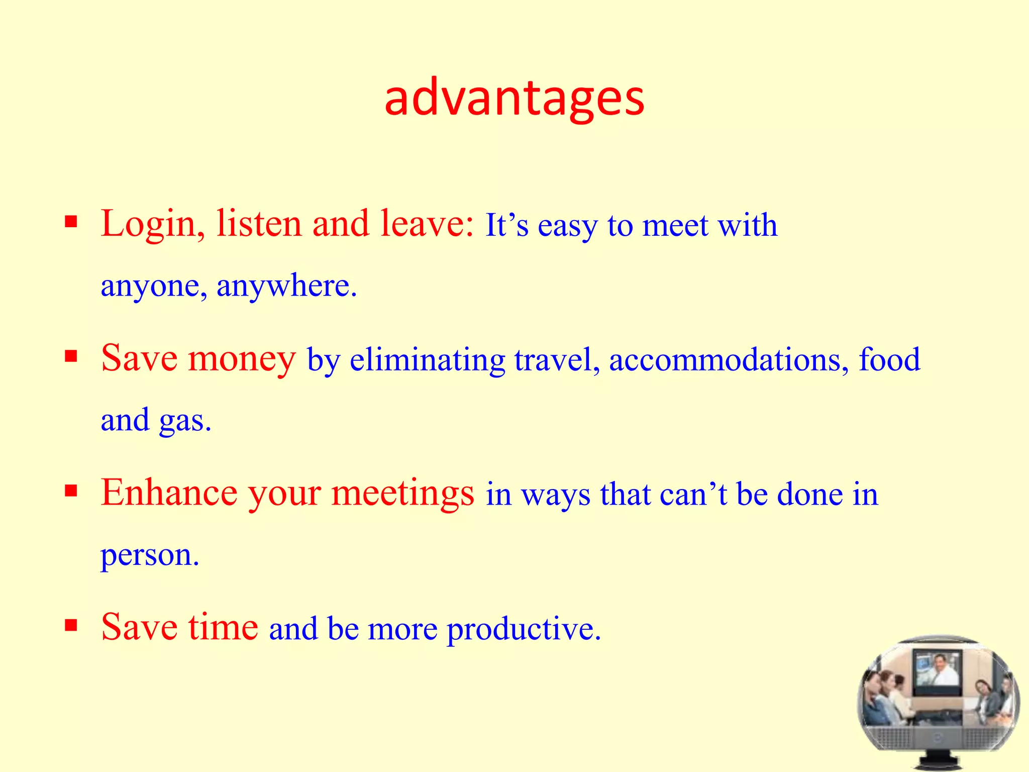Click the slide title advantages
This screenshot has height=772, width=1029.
click(x=514, y=99)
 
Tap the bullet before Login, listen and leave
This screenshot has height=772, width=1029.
click(x=71, y=222)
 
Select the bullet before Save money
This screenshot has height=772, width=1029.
click(x=71, y=356)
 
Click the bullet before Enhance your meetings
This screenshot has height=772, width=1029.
click(x=71, y=491)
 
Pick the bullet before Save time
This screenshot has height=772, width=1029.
click(x=71, y=625)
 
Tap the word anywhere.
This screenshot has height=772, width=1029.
click(x=286, y=286)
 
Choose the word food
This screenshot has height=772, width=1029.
click(x=890, y=360)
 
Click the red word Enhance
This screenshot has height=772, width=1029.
click(x=169, y=493)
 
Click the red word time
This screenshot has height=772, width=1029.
click(x=223, y=627)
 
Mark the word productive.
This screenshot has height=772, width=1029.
click(x=523, y=629)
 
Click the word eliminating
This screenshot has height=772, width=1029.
click(x=427, y=360)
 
